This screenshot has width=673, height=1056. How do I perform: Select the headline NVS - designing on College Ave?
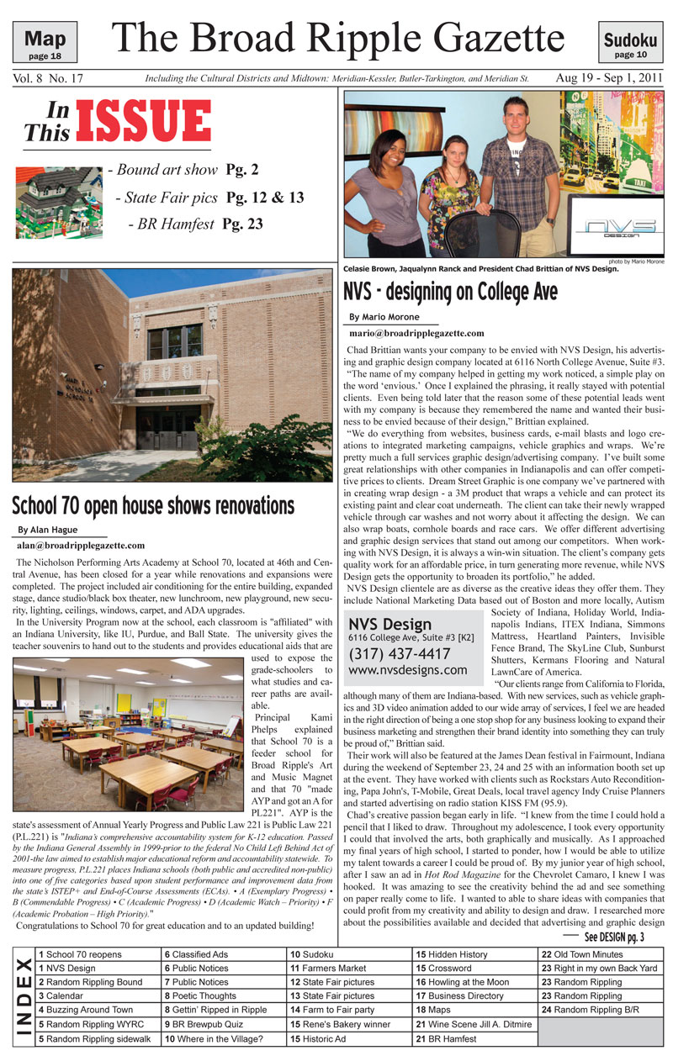pyautogui.click(x=450, y=293)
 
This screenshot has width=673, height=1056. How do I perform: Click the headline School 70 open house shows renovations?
pyautogui.click(x=153, y=507)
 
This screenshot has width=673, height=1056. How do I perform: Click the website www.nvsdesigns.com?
pyautogui.click(x=407, y=671)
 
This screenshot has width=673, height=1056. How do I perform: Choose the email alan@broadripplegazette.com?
pyautogui.click(x=75, y=546)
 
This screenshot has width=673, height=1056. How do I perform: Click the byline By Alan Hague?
pyautogui.click(x=47, y=531)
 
